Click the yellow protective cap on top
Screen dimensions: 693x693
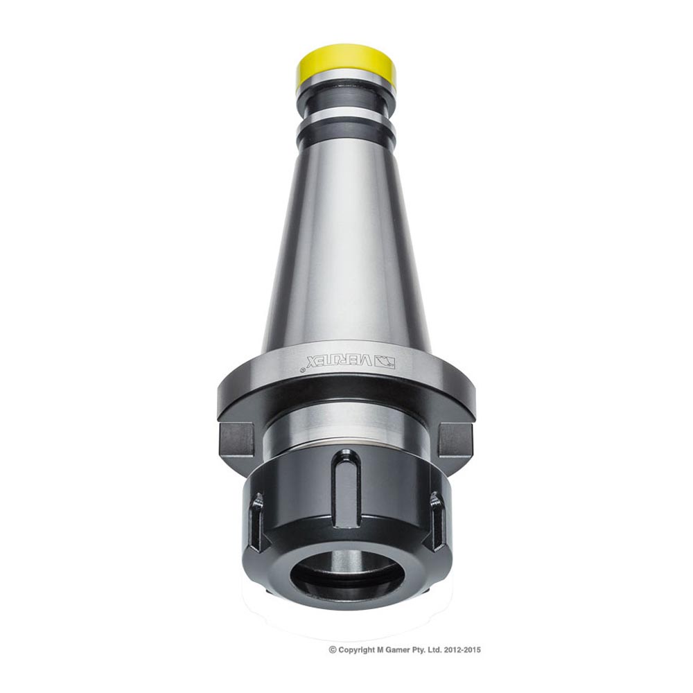point(346,64)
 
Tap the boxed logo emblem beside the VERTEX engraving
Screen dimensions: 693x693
point(385,361)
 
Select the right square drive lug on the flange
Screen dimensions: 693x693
point(455,439)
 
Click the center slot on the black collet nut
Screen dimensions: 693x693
point(345,483)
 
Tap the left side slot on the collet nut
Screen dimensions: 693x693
point(256,521)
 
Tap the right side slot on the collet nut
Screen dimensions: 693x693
point(437,521)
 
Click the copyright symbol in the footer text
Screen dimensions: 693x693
point(333,650)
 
